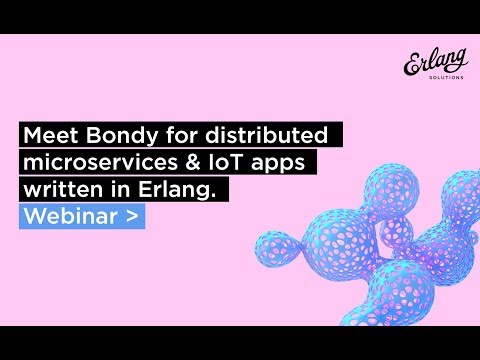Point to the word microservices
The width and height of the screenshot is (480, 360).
pos(97,161)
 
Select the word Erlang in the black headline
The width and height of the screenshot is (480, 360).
pos(182,188)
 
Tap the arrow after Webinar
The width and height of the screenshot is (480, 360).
pos(131,215)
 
